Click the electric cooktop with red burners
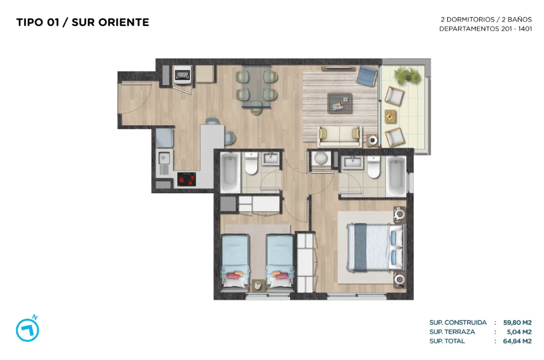(x=186, y=179)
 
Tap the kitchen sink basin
(x=164, y=158)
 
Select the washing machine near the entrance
(x=182, y=75)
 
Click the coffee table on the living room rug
(x=339, y=103)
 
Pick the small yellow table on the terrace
(x=390, y=116)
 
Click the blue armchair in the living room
(x=367, y=75)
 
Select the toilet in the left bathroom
(x=251, y=163)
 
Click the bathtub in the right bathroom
(x=396, y=176)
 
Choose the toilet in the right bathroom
(x=373, y=167)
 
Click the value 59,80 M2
(x=517, y=323)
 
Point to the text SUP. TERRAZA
(x=452, y=332)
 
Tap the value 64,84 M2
(x=517, y=341)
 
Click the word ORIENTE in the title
(x=124, y=22)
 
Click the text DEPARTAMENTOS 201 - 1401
(x=486, y=29)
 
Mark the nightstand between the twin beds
(x=258, y=286)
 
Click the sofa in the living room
(x=339, y=136)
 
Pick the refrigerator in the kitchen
(x=164, y=138)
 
